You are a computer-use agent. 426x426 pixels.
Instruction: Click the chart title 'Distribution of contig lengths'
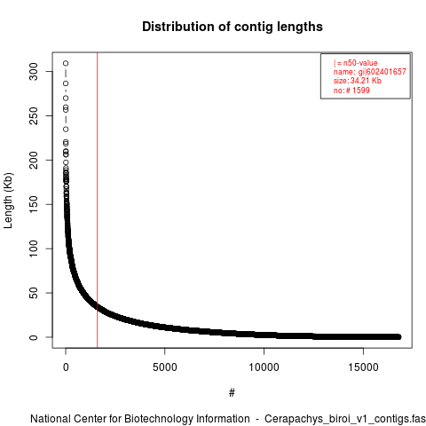click(x=233, y=27)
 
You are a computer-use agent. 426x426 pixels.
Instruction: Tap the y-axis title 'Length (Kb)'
click(x=8, y=201)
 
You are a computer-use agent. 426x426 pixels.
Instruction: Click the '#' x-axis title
click(x=232, y=393)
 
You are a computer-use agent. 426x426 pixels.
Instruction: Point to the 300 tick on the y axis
click(x=34, y=71)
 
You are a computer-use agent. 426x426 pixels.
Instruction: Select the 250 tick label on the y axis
click(x=34, y=115)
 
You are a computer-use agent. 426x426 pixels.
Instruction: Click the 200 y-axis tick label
click(x=34, y=160)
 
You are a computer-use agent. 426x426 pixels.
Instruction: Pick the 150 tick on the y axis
click(x=34, y=204)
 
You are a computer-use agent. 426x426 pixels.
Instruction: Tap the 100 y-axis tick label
click(x=34, y=248)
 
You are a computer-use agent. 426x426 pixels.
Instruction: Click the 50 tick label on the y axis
click(x=34, y=293)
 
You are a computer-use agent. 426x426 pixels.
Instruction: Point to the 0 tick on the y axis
click(x=34, y=337)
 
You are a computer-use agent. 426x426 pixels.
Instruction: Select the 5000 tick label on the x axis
click(x=165, y=367)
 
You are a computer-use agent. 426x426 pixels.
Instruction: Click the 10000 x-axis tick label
click(x=264, y=367)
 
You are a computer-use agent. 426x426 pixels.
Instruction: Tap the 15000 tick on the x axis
click(x=363, y=367)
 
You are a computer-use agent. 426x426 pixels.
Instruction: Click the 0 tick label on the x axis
click(x=66, y=367)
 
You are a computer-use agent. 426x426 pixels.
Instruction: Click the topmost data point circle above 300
click(x=66, y=63)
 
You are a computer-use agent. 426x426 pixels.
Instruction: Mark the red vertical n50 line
click(x=98, y=201)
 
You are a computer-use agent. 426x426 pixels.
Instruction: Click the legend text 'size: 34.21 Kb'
click(x=358, y=81)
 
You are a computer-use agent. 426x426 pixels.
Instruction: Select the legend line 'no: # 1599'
click(x=351, y=91)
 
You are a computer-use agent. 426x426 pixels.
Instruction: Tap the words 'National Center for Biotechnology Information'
click(x=140, y=419)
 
